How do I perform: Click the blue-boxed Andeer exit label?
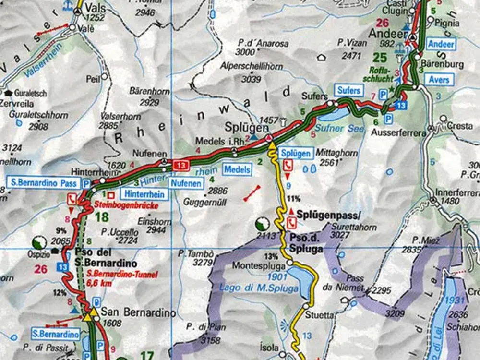pos(442,44)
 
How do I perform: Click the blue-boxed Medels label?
pos(237,169)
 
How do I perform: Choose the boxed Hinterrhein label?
pos(144,194)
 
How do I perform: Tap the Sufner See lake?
pos(334,115)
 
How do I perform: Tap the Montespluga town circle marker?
pos(290,263)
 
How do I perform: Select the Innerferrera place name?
pos(454,192)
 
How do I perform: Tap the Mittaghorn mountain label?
pos(337,153)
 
